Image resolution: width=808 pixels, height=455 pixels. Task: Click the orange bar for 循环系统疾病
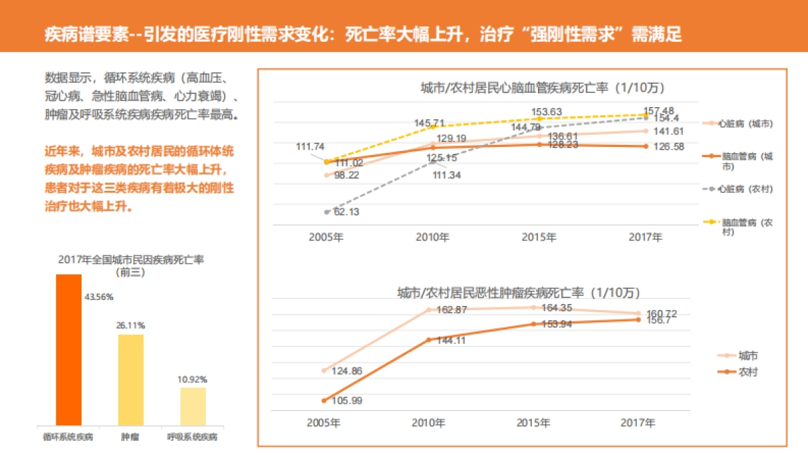click(x=69, y=349)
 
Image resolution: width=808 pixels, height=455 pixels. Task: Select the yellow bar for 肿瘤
click(x=131, y=379)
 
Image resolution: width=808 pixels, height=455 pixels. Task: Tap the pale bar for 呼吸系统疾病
click(x=193, y=406)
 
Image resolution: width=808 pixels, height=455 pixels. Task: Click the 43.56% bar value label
click(x=98, y=297)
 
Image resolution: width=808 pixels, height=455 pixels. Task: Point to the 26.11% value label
click(x=131, y=326)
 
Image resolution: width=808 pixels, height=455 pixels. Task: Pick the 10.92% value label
click(x=193, y=380)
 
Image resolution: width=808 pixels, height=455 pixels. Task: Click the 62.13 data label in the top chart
click(x=346, y=212)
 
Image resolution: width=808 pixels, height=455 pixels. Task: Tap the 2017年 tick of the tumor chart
click(x=637, y=423)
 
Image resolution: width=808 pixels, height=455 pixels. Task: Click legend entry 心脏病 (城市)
click(x=745, y=123)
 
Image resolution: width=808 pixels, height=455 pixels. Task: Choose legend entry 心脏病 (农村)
click(x=745, y=189)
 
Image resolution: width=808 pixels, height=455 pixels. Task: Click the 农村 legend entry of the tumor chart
click(x=747, y=371)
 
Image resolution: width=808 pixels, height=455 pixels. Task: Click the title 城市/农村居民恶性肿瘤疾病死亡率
click(x=518, y=293)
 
